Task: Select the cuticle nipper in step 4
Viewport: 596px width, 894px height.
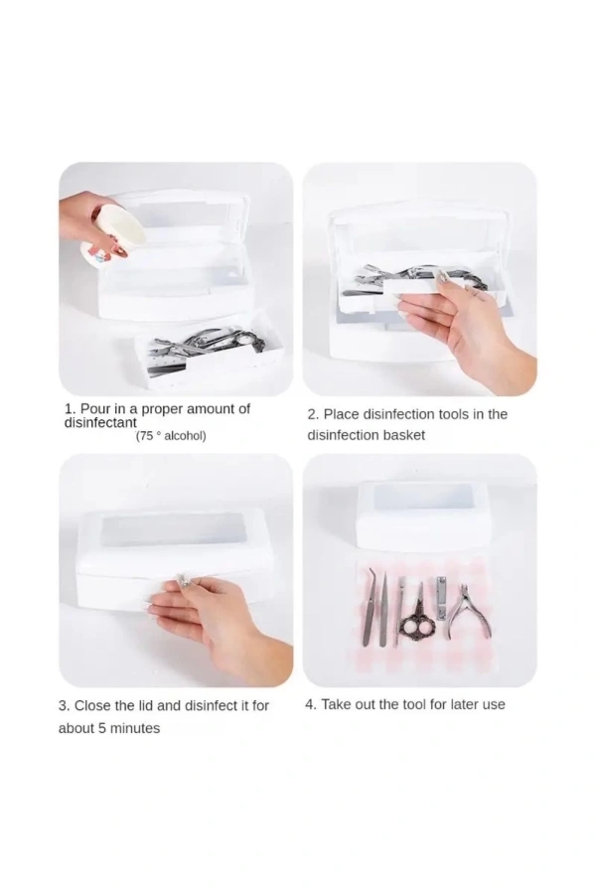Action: click(x=470, y=615)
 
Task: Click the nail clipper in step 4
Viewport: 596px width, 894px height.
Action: click(x=442, y=598)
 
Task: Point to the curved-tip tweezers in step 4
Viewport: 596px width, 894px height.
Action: click(x=371, y=606)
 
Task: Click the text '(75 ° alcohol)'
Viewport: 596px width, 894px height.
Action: click(x=171, y=436)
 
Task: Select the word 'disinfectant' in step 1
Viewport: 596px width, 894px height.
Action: click(x=100, y=423)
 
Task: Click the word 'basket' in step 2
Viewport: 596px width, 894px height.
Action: click(x=404, y=436)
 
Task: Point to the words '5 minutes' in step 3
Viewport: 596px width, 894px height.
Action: click(x=129, y=729)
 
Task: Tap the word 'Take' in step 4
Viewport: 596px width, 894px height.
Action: click(x=336, y=704)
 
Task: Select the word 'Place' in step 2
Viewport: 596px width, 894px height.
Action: click(x=341, y=414)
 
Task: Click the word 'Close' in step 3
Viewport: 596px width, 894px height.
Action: click(x=92, y=706)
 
